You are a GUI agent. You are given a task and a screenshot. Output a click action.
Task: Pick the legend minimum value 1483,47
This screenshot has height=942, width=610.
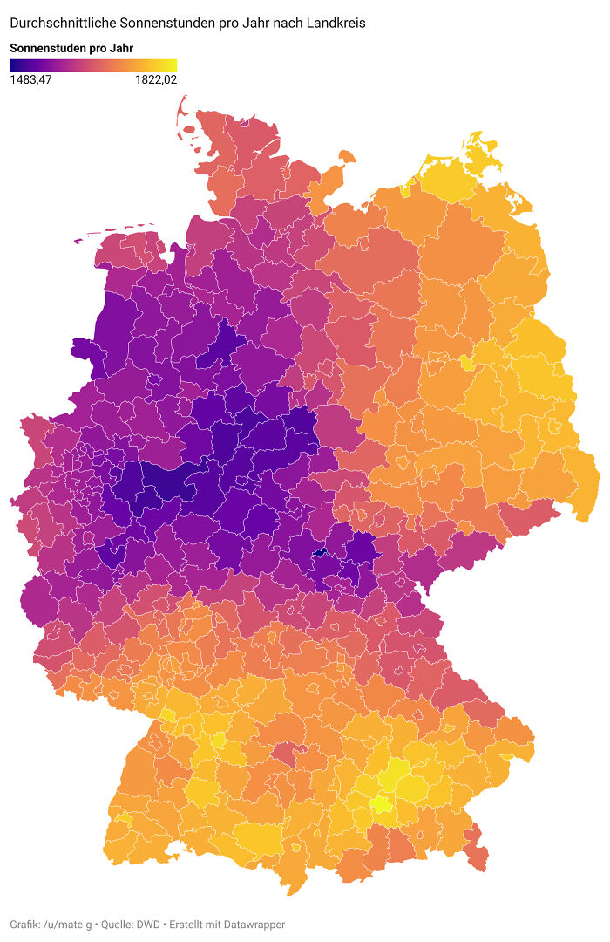(30, 80)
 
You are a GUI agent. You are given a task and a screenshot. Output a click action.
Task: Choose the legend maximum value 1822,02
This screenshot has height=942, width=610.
(156, 80)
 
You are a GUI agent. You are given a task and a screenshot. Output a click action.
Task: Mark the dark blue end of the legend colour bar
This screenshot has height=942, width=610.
(14, 65)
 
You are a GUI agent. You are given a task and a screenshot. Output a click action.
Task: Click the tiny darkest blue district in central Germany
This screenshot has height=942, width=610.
(320, 552)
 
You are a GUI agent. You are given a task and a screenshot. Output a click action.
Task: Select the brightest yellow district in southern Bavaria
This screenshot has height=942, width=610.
(382, 804)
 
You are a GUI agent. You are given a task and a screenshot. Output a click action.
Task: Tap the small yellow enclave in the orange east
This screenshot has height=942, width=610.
(465, 363)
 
